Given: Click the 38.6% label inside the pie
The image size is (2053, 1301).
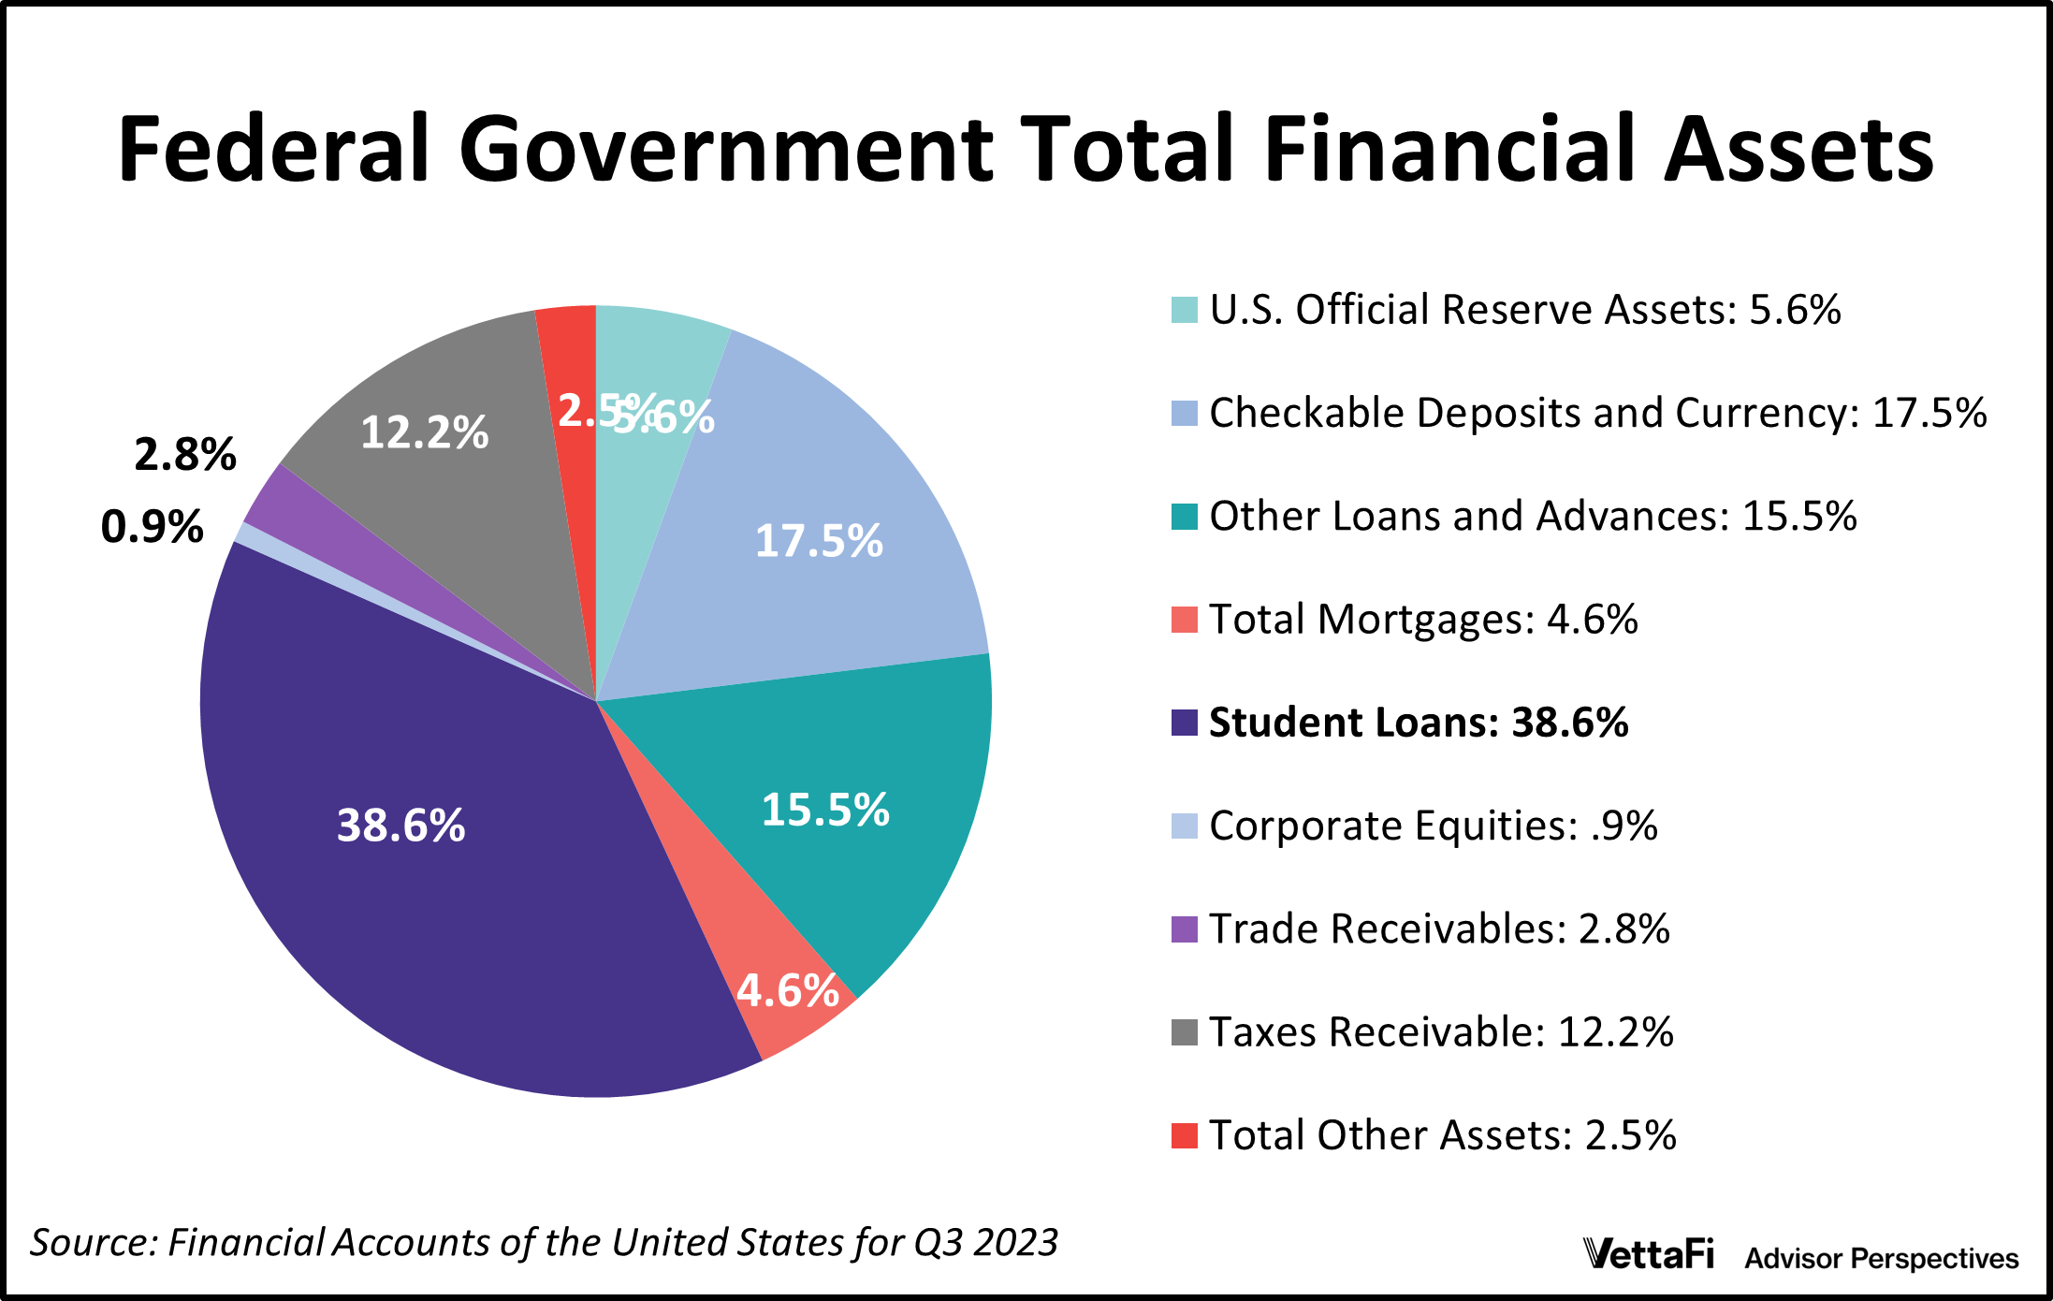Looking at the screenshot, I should coord(400,826).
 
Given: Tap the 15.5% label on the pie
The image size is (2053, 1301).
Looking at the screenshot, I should coord(824,810).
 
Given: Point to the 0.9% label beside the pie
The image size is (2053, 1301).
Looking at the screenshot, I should coord(152,527).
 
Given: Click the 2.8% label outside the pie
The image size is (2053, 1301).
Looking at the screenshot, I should coord(184,455).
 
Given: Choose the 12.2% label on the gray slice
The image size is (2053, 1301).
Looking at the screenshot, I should coord(424,432).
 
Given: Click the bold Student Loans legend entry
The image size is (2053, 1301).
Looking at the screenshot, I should coord(1418,723).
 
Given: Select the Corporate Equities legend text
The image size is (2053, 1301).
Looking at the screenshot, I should coord(1433,826).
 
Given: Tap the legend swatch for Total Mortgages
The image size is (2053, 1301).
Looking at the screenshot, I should coord(1184,620).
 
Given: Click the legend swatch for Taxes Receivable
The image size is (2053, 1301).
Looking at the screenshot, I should coord(1184,1032).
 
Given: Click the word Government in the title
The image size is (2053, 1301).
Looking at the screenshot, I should coord(725,150).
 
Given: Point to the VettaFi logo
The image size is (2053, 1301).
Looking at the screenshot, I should coord(1648,1254).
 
